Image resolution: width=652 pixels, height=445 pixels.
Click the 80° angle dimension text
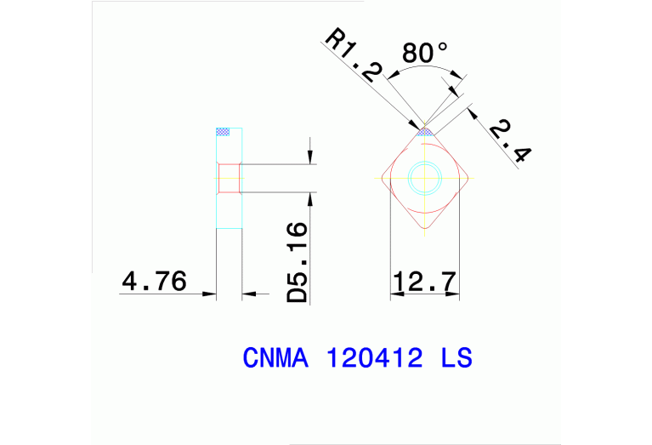pos(424,53)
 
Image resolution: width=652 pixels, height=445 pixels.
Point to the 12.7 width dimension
pos(424,280)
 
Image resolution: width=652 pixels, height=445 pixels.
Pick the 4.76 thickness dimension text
pos(155,280)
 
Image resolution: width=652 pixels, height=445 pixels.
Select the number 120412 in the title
pos(374,358)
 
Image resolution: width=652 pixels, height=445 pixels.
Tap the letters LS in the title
pos(456,358)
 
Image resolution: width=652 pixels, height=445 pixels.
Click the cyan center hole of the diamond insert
pos(424,178)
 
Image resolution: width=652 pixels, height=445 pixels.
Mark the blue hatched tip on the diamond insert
pos(424,131)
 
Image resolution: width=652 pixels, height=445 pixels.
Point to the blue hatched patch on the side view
pos(224,132)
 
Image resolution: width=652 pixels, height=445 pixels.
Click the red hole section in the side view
pos(230,178)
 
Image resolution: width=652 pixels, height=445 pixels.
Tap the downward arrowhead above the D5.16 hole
pos(311,157)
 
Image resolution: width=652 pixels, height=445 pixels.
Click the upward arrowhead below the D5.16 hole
pos(311,198)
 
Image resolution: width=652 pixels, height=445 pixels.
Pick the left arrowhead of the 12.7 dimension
pos(394,294)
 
